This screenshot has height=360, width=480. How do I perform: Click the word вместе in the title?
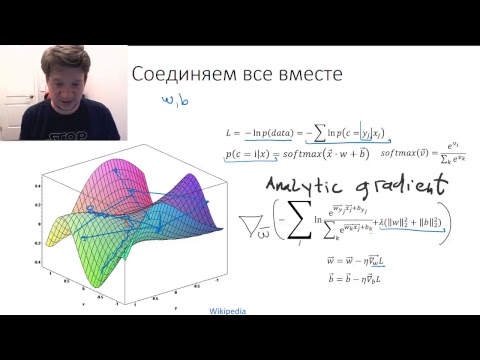click(x=307, y=75)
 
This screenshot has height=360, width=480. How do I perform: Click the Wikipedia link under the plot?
click(x=227, y=310)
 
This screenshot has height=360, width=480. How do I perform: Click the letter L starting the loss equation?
click(x=231, y=130)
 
